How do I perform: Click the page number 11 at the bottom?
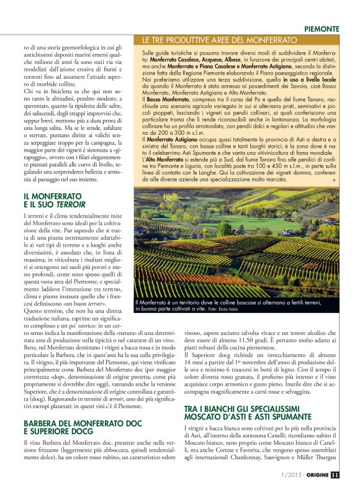335,476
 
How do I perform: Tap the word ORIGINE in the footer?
314,476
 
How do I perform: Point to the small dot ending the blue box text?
334,179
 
